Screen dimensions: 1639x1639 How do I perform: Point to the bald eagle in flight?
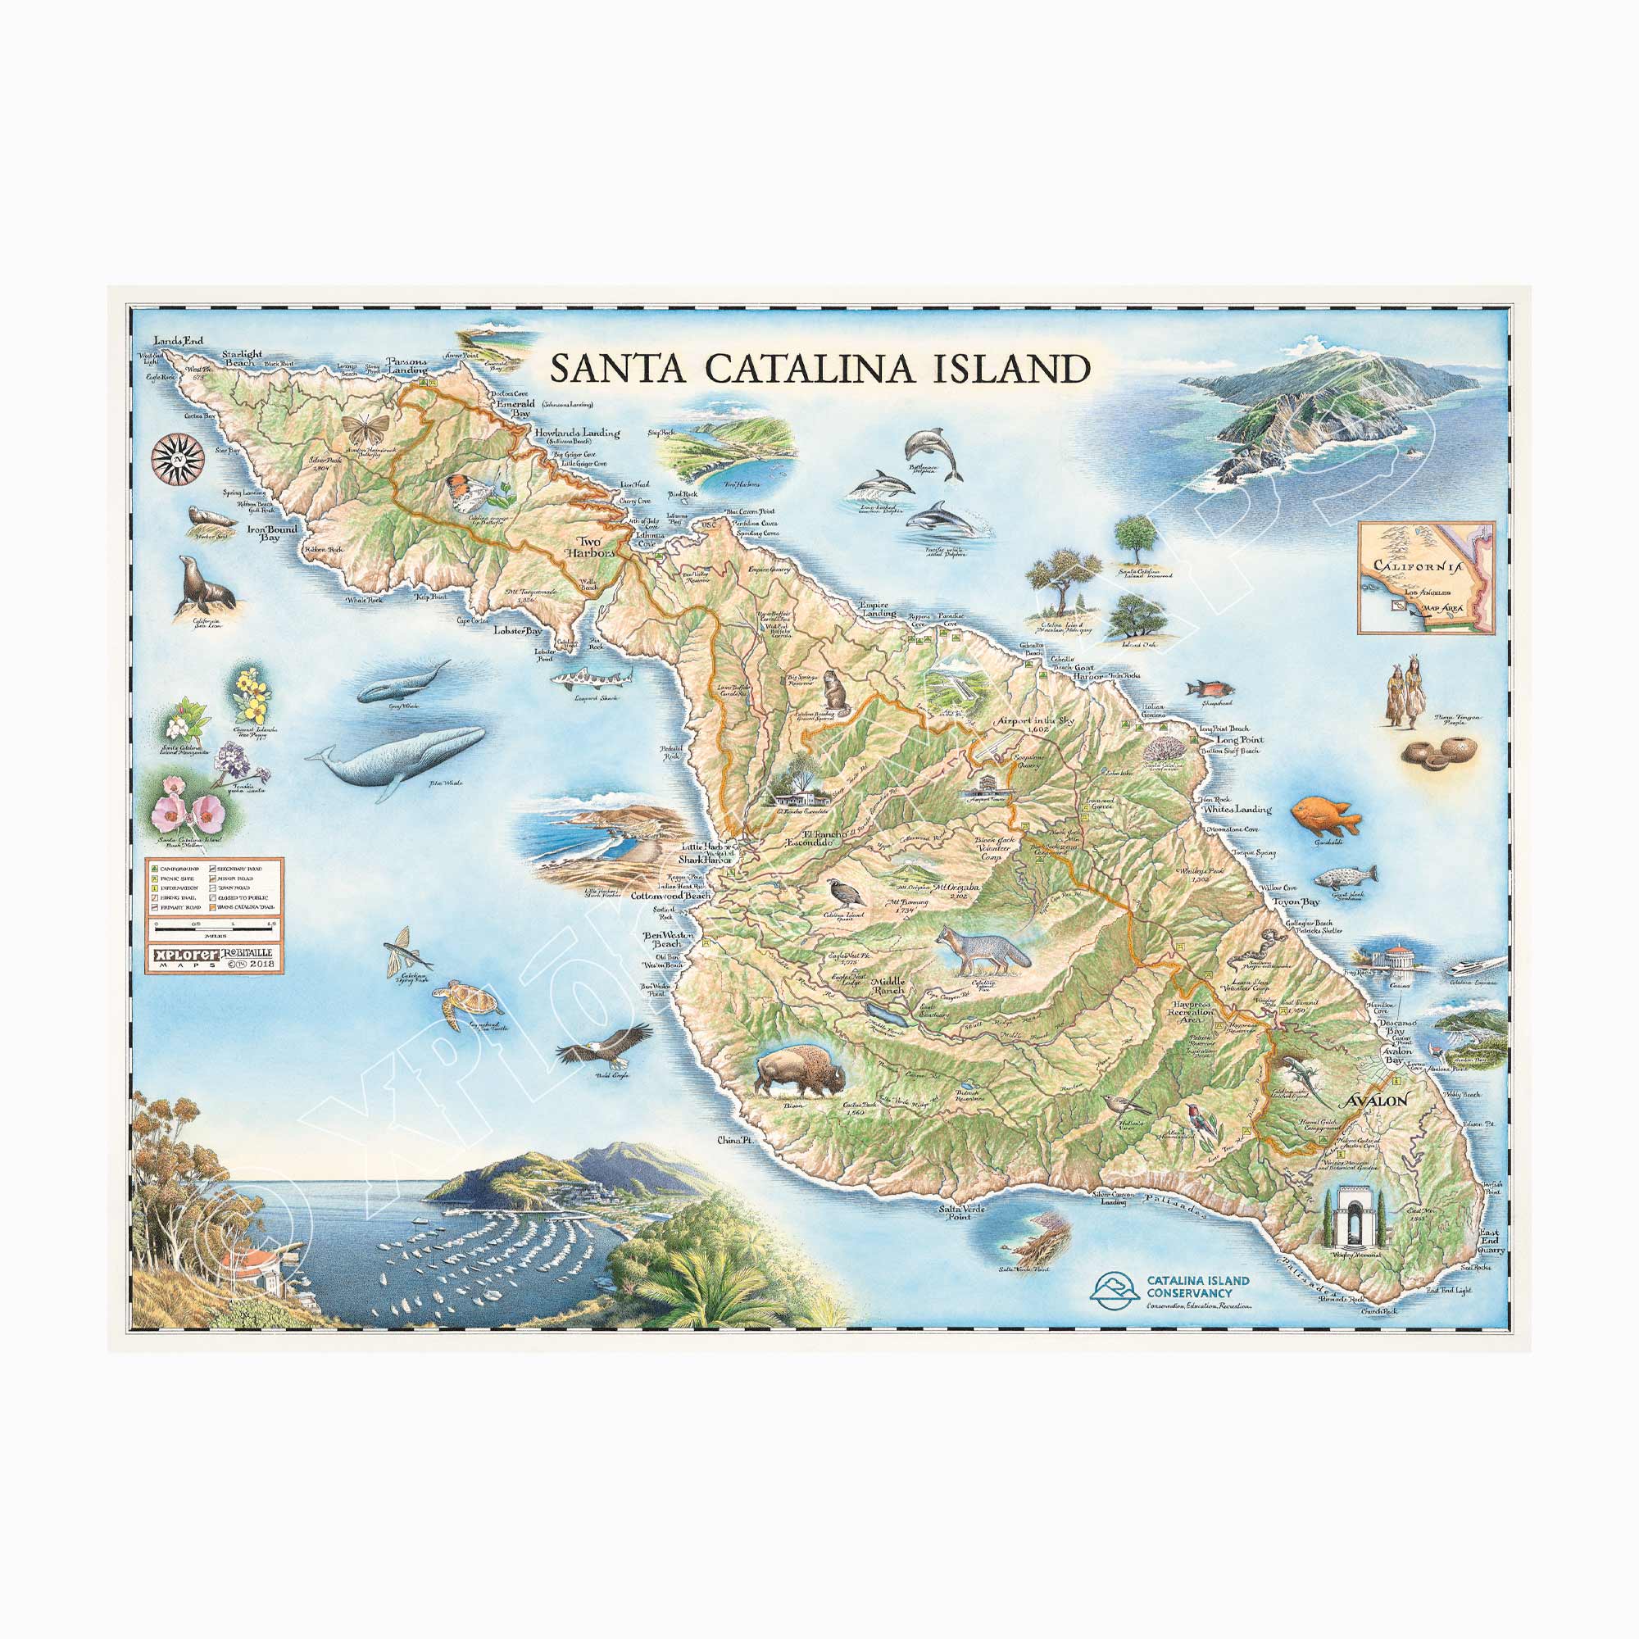(603, 1050)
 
